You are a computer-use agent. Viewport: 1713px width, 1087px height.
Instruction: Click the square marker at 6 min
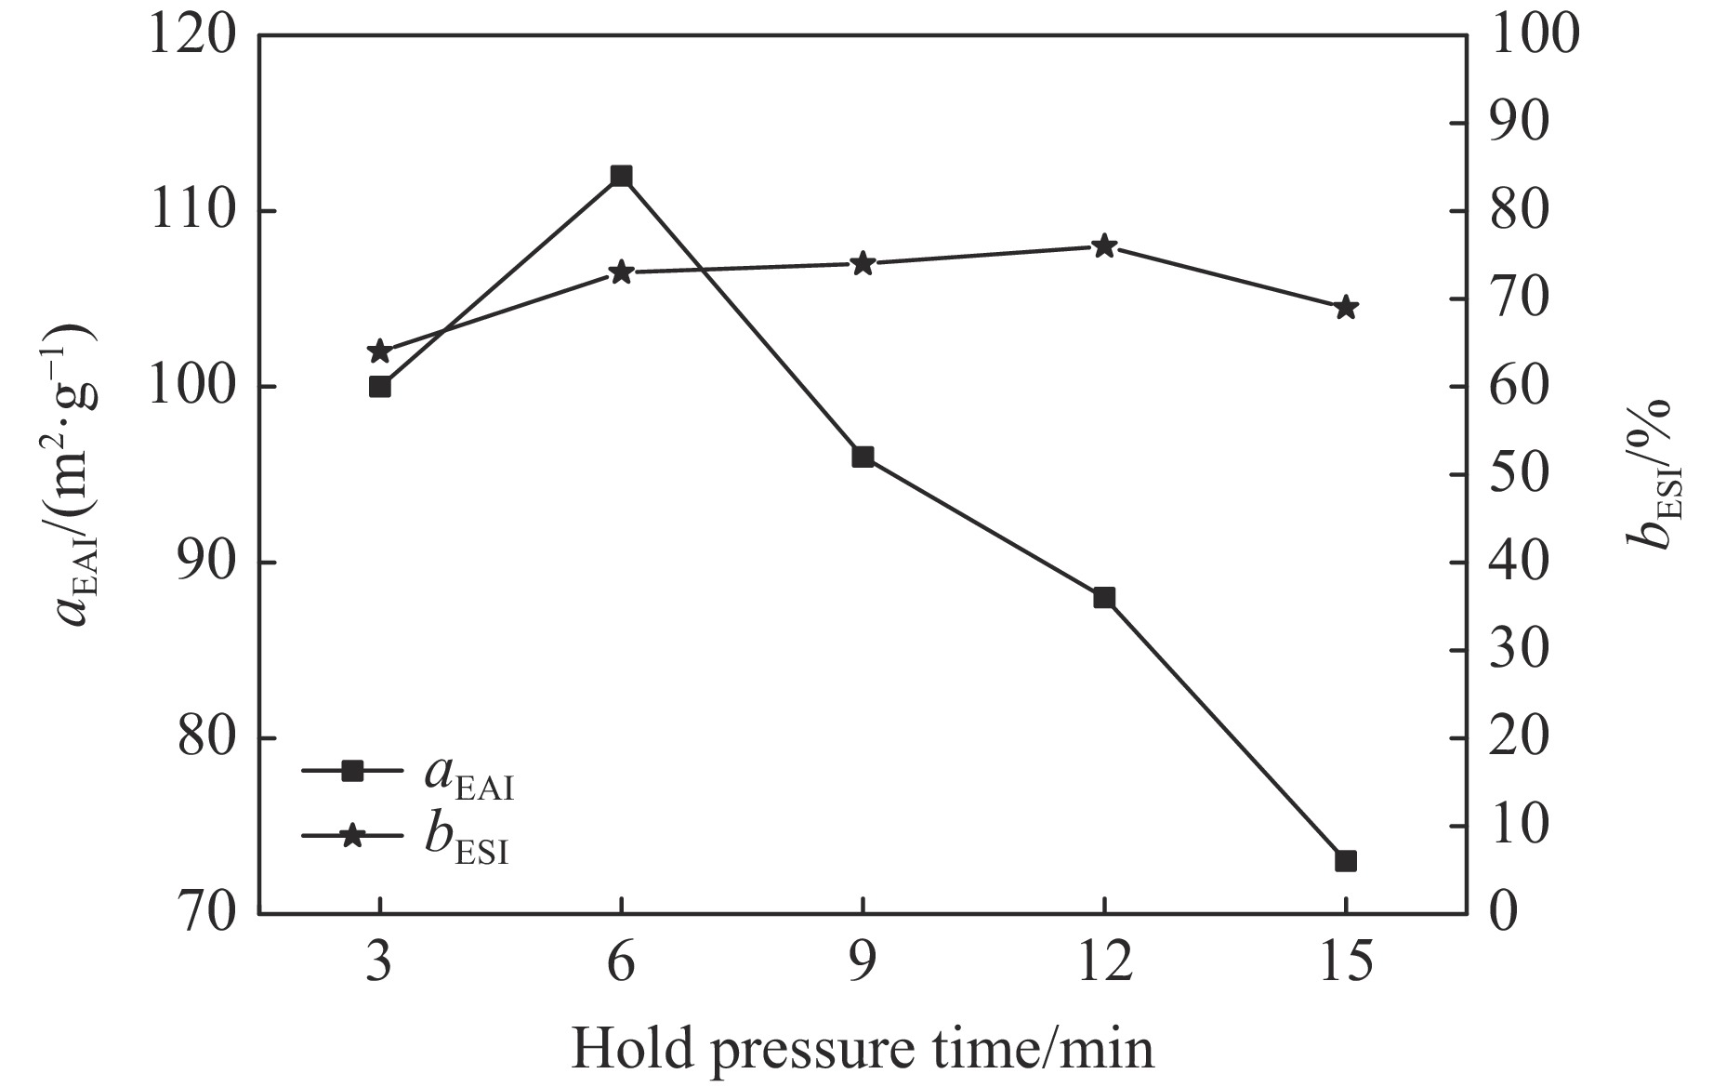(x=621, y=176)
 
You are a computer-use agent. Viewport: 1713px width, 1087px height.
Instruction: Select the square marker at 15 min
(x=1345, y=861)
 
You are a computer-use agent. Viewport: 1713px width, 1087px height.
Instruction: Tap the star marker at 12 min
(x=1104, y=246)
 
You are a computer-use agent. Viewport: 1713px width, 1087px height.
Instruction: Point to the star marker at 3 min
(x=379, y=351)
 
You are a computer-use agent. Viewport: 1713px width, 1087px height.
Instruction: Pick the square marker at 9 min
(x=863, y=457)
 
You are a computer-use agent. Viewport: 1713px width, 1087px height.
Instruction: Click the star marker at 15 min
(x=1345, y=308)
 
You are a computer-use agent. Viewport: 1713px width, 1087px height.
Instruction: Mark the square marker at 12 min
(x=1104, y=597)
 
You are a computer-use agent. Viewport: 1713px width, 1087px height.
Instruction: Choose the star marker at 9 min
(x=863, y=264)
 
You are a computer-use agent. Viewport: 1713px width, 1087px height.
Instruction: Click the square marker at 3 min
(x=379, y=387)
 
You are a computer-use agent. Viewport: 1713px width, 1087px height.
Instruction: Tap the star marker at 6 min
(x=621, y=272)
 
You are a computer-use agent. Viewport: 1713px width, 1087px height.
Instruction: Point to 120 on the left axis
(x=191, y=37)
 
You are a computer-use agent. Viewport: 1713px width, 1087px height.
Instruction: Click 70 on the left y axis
(x=204, y=914)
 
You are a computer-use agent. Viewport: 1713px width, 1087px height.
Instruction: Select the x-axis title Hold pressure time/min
(x=862, y=1049)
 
